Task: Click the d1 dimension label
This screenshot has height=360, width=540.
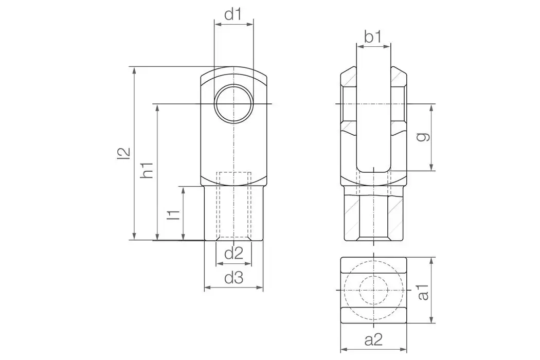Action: coord(233,14)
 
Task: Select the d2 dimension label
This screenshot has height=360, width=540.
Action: coord(233,253)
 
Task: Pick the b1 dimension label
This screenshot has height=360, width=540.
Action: coord(372,37)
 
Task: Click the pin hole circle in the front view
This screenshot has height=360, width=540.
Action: coord(233,103)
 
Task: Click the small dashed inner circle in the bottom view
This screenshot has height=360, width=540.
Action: coord(373,291)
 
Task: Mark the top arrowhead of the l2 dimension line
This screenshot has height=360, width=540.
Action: coord(134,70)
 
